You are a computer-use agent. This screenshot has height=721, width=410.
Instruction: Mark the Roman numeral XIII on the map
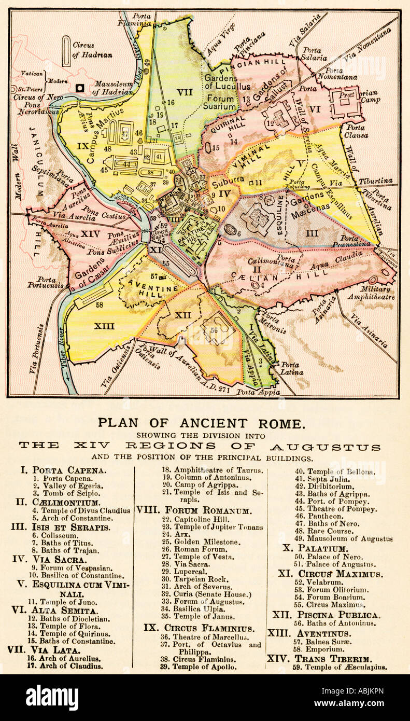104,326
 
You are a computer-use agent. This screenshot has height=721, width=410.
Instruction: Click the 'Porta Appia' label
258,392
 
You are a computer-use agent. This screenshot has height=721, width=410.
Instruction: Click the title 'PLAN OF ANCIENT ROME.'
202,423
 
